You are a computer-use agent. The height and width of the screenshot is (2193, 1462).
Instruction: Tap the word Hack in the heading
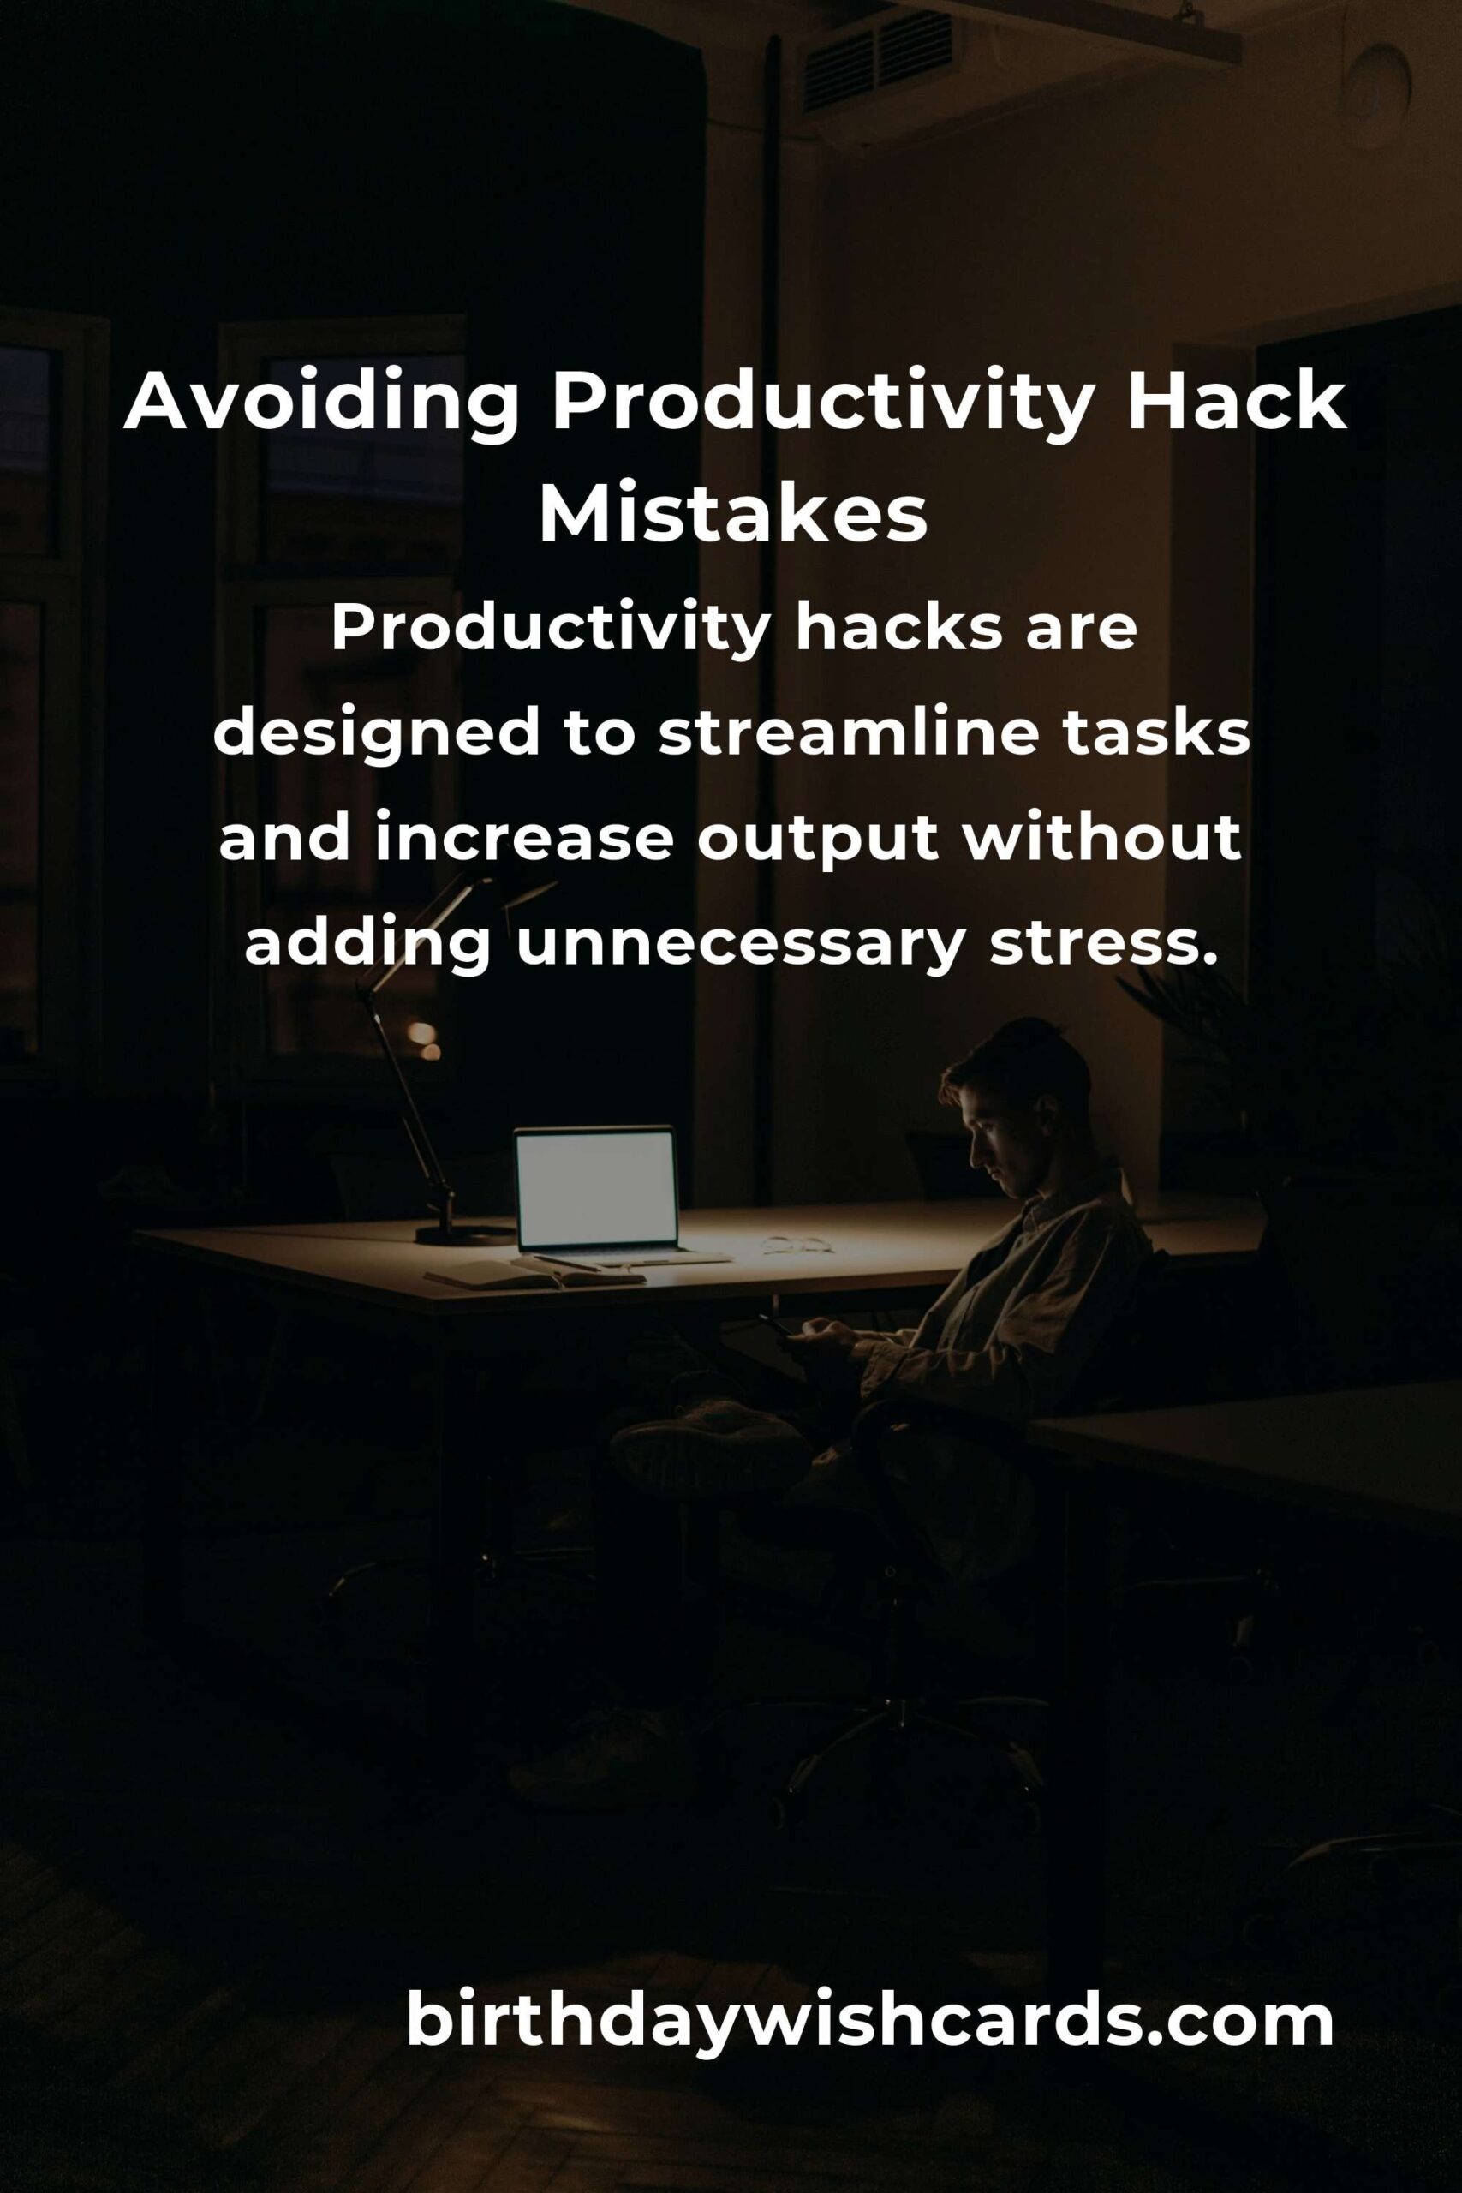click(x=1237, y=401)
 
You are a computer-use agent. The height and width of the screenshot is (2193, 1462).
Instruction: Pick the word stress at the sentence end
click(x=1104, y=942)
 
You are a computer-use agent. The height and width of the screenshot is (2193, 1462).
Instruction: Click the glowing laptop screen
click(x=596, y=1187)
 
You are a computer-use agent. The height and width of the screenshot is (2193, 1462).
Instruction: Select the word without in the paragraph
click(x=1101, y=839)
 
